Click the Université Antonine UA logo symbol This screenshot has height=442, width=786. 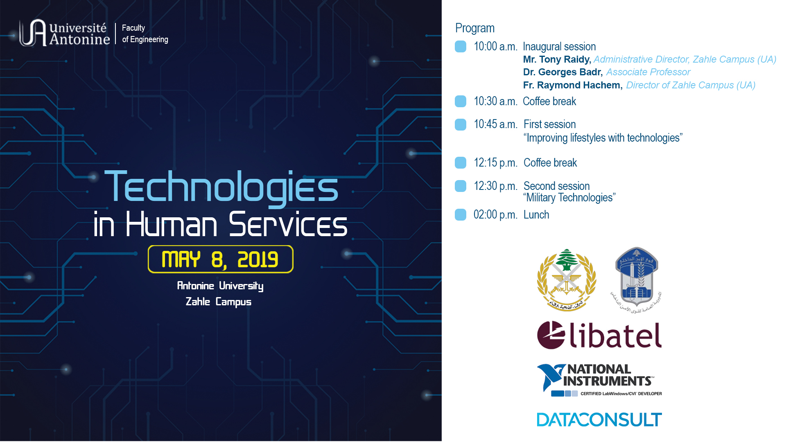click(33, 33)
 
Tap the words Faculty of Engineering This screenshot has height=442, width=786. click(145, 34)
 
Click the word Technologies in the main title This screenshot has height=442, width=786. click(221, 187)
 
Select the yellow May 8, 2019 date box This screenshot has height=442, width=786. click(220, 259)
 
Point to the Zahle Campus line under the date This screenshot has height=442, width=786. click(218, 302)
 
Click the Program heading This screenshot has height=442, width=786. click(474, 28)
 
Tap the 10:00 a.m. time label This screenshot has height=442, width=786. click(495, 47)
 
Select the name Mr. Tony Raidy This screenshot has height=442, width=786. click(556, 59)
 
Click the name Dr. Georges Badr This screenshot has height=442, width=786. click(562, 72)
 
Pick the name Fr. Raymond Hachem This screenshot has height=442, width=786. click(572, 85)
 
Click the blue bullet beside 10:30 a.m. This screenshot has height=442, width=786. click(461, 101)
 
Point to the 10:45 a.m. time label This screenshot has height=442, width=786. click(495, 124)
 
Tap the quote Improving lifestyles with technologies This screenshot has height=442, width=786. click(603, 138)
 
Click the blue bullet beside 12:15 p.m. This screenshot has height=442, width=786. click(461, 162)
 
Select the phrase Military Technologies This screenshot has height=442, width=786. click(569, 198)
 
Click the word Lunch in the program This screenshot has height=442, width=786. click(536, 214)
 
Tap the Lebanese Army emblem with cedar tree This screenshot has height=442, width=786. click(567, 280)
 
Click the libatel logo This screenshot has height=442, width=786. click(599, 335)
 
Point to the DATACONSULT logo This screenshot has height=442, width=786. click(599, 419)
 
